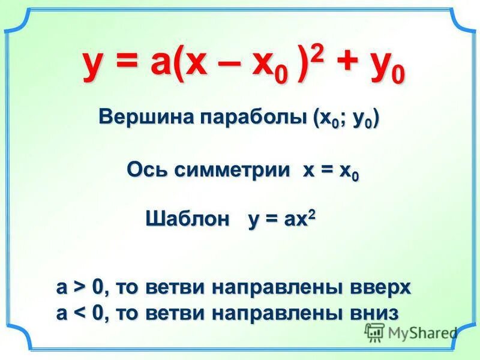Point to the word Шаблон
[x=188, y=220]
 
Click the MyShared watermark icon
[x=374, y=332]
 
